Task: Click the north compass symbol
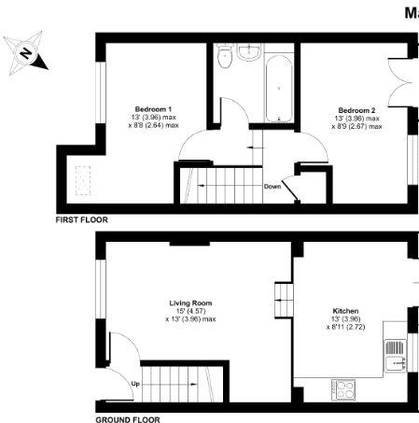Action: click(x=27, y=55)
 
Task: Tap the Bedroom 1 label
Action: click(x=152, y=107)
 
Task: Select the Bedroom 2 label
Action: click(x=356, y=109)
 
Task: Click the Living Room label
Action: click(x=190, y=303)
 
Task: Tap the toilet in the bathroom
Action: click(x=224, y=59)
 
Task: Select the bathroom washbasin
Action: click(x=248, y=52)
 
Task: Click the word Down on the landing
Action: click(x=272, y=186)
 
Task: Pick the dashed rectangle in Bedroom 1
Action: click(x=83, y=179)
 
